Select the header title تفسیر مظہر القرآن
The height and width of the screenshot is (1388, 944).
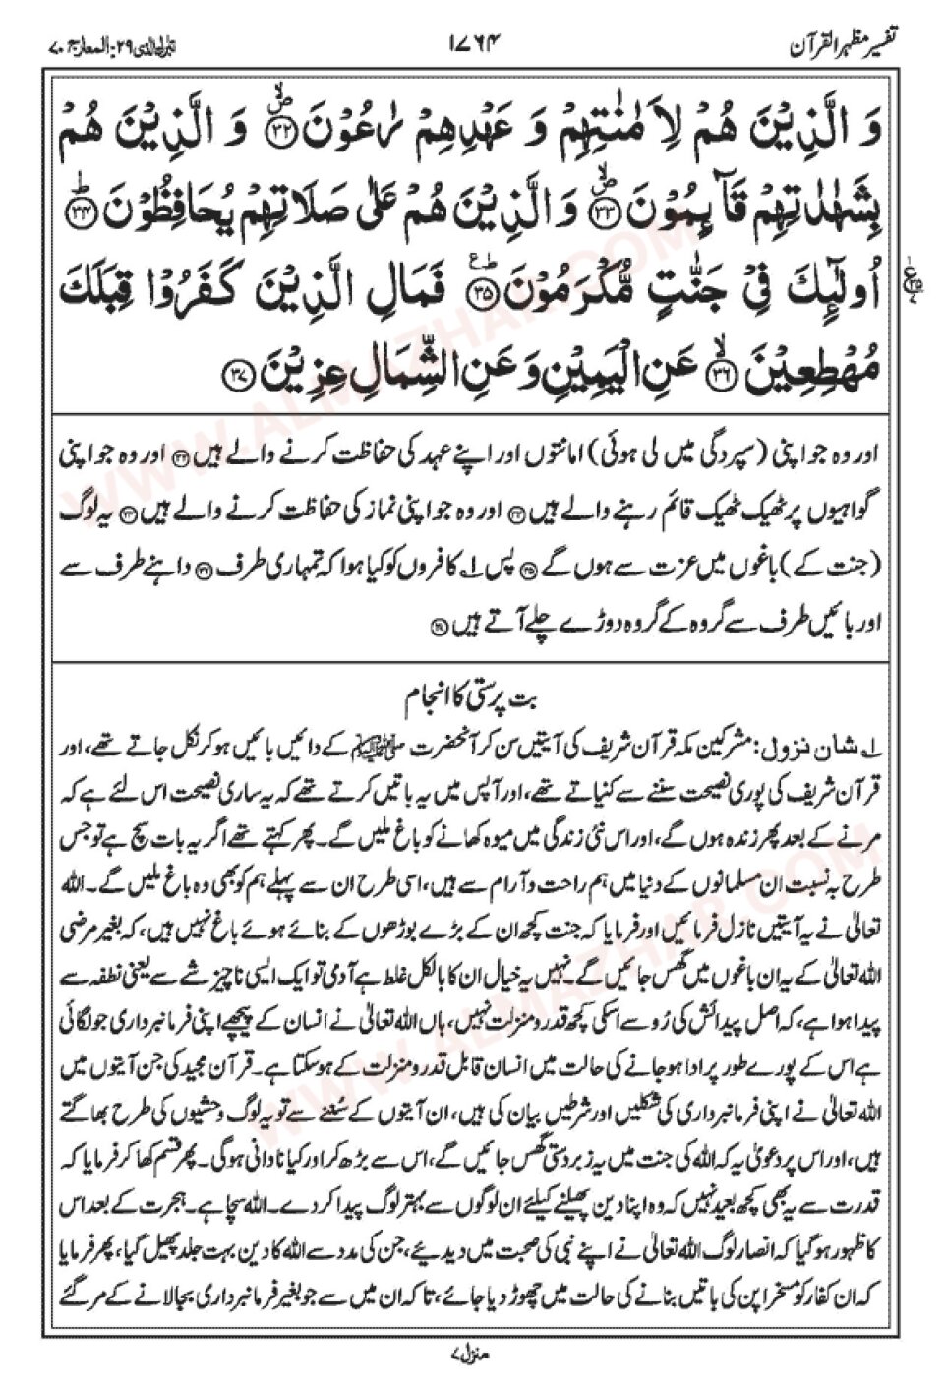(846, 44)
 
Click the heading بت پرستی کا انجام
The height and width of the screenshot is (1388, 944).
(473, 704)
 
